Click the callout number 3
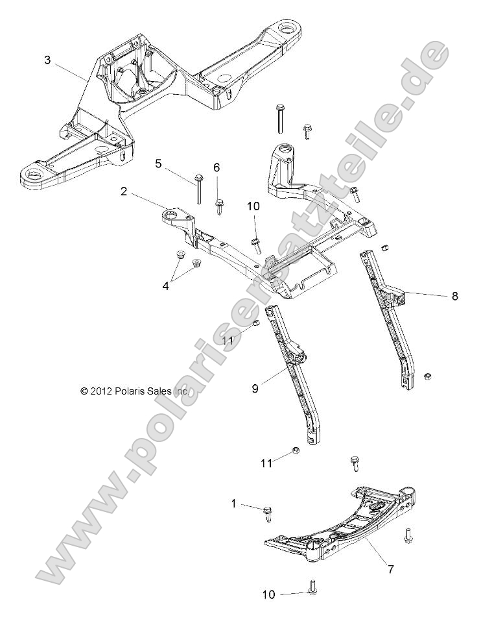tap(47, 60)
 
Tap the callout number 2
tap(123, 191)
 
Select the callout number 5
tap(159, 164)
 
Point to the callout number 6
tap(217, 167)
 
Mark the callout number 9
tap(255, 388)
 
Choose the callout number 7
tap(390, 569)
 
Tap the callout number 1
tap(234, 503)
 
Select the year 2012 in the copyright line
tap(102, 391)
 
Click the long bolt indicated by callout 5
tap(198, 188)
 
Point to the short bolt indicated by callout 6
tap(220, 207)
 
